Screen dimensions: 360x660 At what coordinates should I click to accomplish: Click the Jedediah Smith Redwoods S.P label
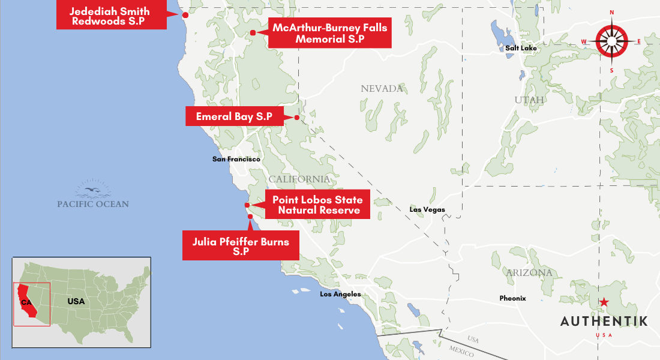coord(110,16)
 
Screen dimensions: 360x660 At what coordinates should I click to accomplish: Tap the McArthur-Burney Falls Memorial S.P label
coord(329,34)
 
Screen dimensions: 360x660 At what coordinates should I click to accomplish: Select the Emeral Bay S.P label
coord(235,116)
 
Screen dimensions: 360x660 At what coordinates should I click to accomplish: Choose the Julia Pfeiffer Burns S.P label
coord(241,247)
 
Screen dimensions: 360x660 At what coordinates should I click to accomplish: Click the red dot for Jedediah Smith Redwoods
coord(185,15)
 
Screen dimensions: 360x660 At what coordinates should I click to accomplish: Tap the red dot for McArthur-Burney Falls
coord(253,32)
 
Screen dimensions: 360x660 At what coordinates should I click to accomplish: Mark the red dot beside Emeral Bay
coord(297,118)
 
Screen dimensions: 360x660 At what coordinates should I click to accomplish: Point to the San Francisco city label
coord(236,159)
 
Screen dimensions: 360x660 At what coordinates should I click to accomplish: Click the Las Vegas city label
coord(427,209)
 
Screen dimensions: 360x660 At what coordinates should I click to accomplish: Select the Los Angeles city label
coord(340,294)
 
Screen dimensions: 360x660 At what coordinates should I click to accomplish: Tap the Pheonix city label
coord(512,298)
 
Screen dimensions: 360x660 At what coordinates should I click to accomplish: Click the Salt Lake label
coord(521,48)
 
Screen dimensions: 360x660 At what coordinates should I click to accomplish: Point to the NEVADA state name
coord(382,89)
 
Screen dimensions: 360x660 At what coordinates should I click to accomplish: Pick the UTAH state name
coord(529,100)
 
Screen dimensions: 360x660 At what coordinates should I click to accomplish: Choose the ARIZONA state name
coord(529,273)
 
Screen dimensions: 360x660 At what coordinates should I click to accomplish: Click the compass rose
coord(611,41)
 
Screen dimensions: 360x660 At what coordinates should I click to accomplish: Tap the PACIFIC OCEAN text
coord(93,204)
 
